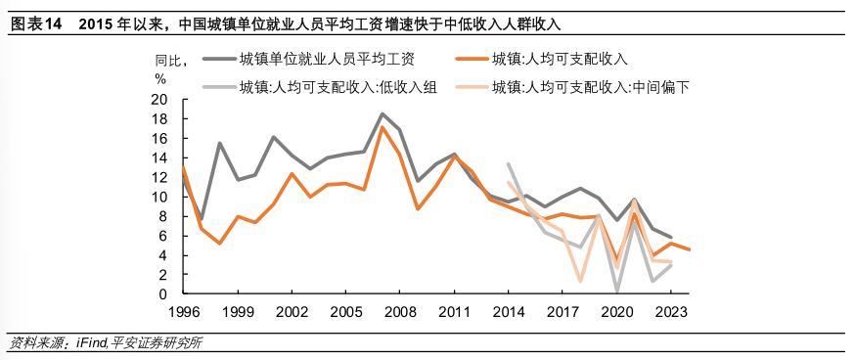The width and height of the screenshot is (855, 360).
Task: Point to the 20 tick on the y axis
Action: (x=159, y=100)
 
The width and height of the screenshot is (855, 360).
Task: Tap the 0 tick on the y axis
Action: (x=163, y=294)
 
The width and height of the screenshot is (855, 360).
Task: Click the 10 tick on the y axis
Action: (x=159, y=197)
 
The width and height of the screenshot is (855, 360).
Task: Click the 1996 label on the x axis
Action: (x=183, y=313)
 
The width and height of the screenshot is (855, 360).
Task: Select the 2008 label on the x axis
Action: (x=398, y=313)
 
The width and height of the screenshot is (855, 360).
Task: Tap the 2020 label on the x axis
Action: (x=616, y=313)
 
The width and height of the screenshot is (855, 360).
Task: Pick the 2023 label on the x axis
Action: (x=670, y=313)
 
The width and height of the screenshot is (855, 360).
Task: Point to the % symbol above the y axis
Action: (x=160, y=79)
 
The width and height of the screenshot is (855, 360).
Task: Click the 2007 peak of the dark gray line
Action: (x=382, y=114)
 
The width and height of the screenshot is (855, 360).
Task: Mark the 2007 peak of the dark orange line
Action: (x=382, y=127)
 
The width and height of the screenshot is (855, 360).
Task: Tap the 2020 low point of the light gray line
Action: (x=616, y=292)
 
